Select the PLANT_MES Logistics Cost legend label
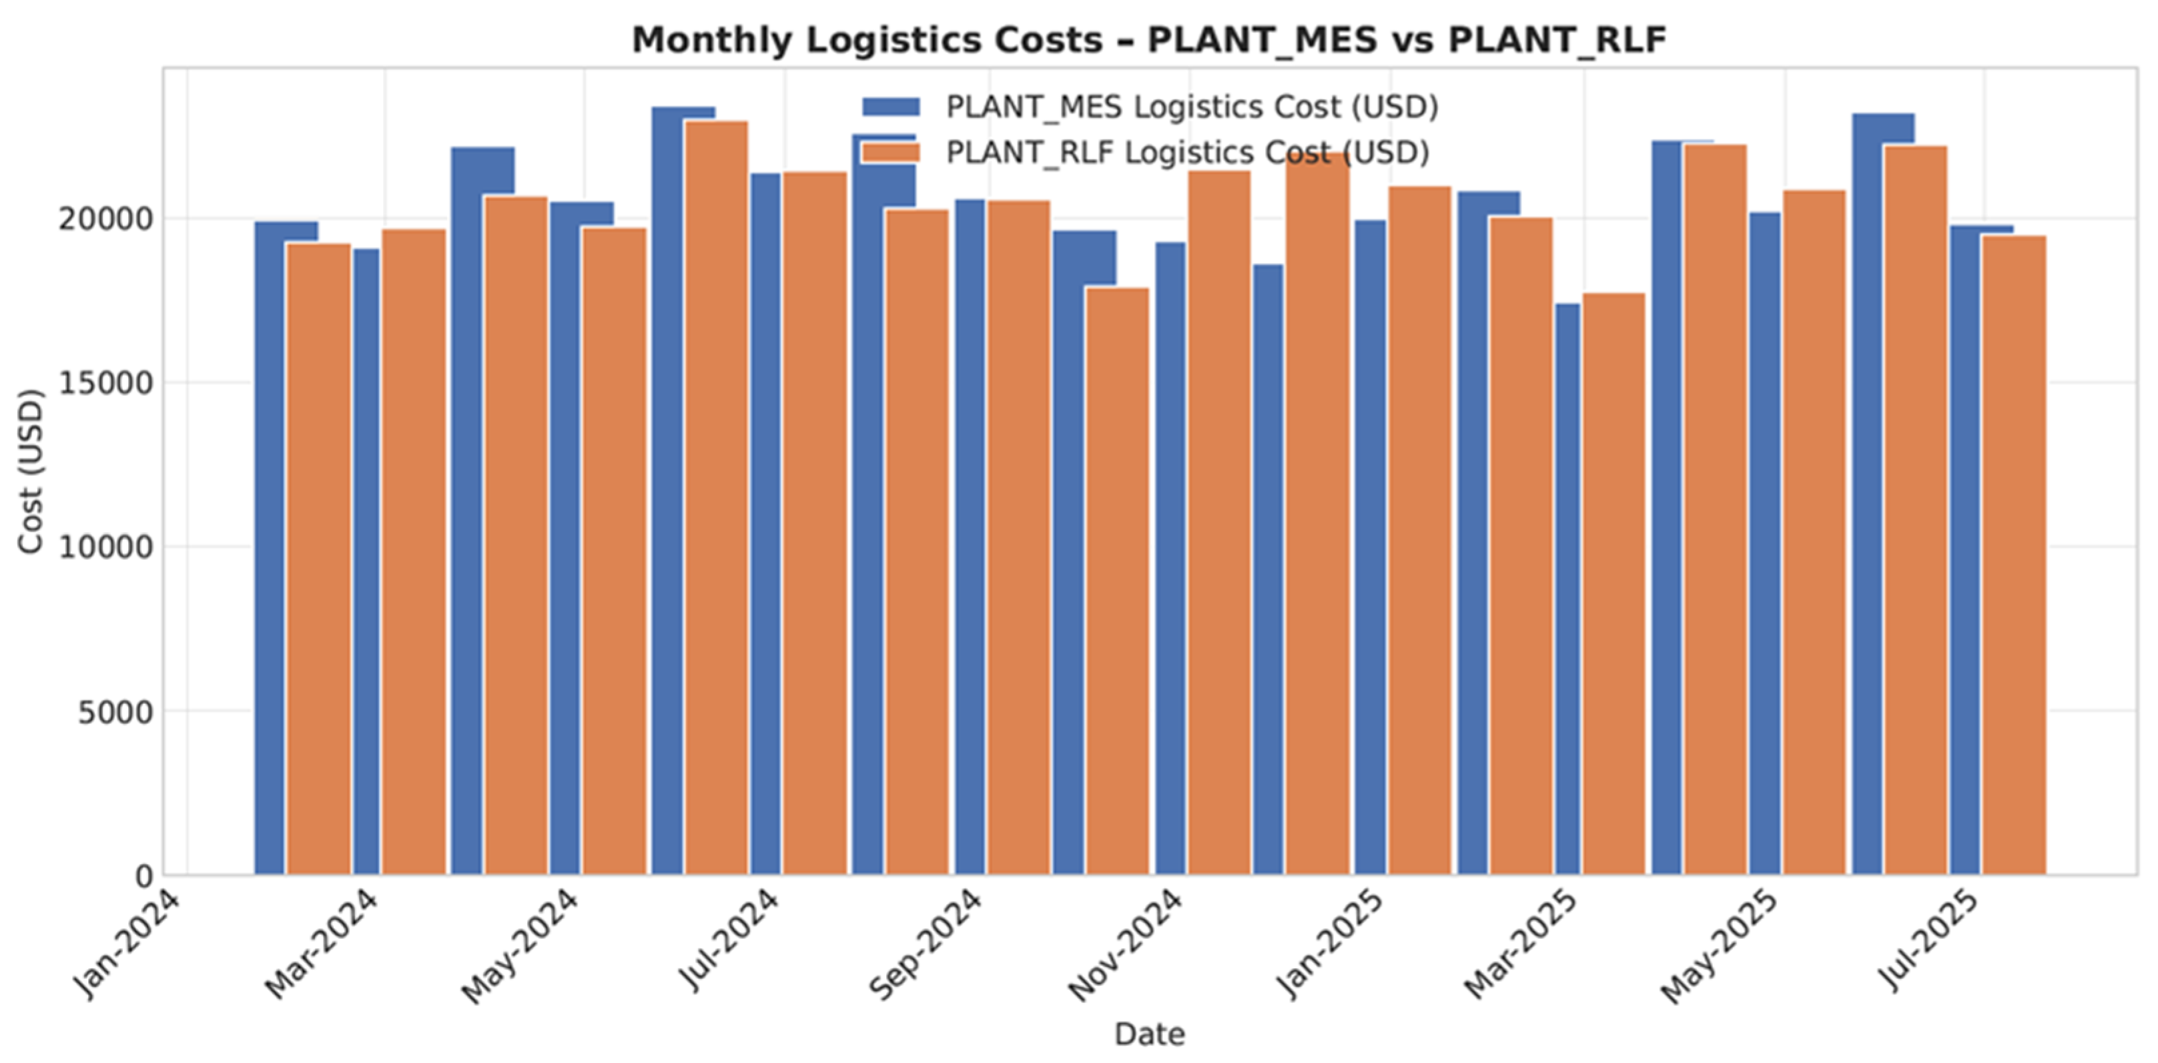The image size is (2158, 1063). coord(1192,107)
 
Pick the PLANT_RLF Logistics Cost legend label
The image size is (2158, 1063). coord(1187,152)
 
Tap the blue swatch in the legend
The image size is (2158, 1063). coord(891,107)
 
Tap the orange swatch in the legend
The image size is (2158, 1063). coord(891,152)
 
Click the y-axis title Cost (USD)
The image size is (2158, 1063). coord(31,472)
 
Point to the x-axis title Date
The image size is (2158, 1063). coord(1149,1034)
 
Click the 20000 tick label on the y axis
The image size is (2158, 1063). coord(106,220)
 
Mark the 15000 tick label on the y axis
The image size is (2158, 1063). coord(106,384)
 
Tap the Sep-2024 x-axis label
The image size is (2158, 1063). coord(925,944)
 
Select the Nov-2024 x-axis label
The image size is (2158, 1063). coord(1124,945)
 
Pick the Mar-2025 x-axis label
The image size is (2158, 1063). coord(1521,945)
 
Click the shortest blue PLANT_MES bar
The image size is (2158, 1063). coord(1567,589)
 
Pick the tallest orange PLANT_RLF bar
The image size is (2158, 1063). coord(716,498)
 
